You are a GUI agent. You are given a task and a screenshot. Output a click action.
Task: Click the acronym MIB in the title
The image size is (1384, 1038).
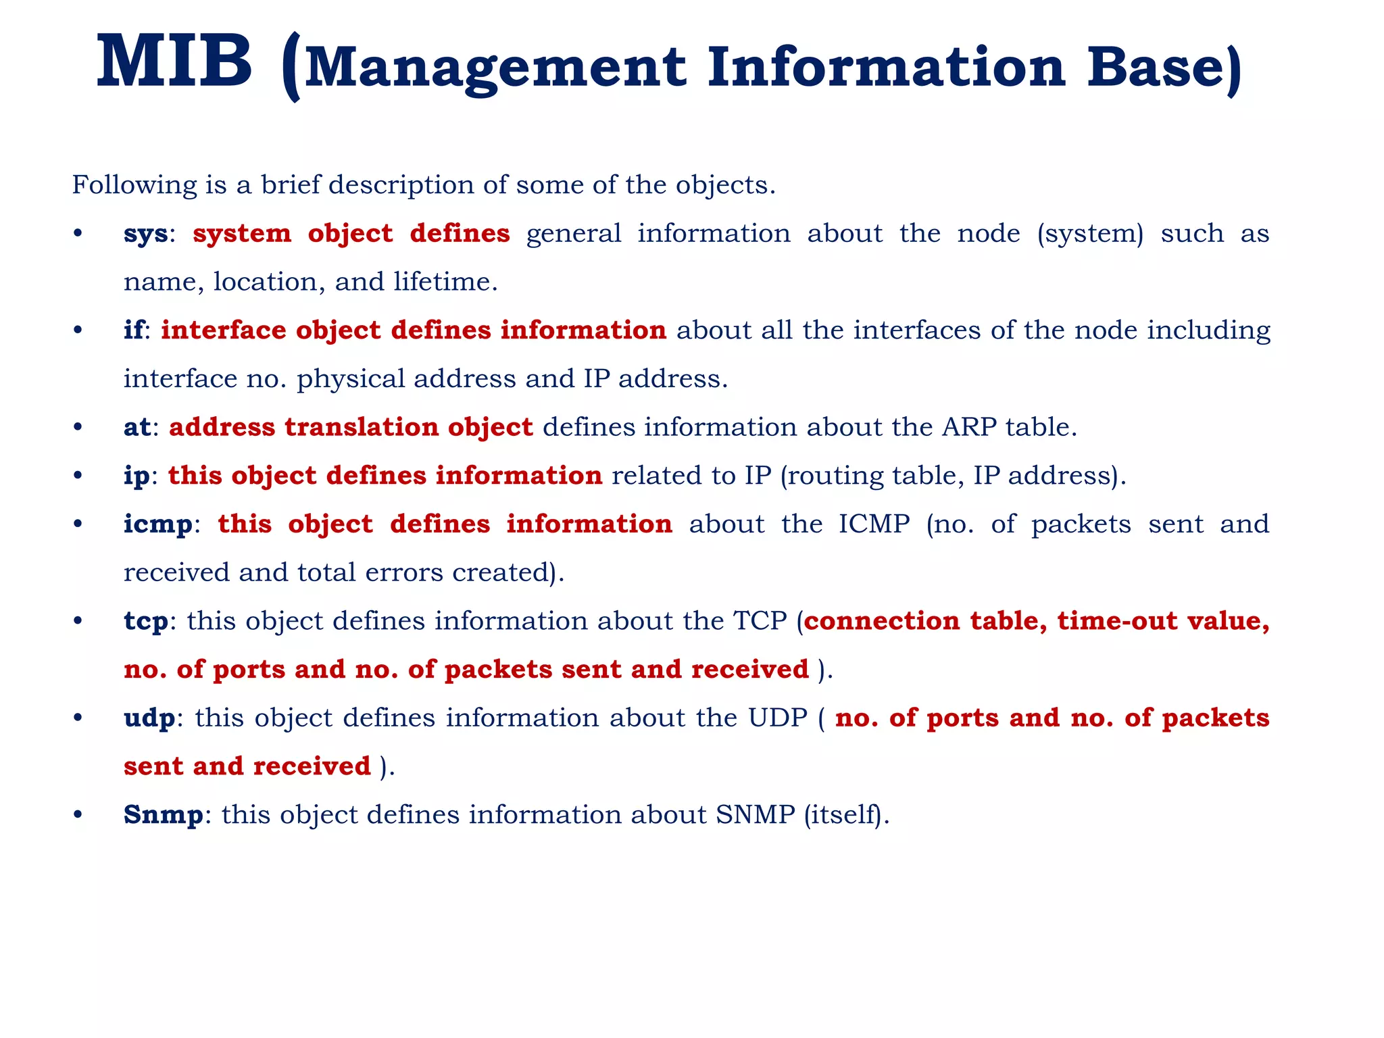pos(174,63)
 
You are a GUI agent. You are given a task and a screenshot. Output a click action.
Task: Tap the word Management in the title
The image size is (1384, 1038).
pos(495,69)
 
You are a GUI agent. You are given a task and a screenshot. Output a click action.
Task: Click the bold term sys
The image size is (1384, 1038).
pos(145,234)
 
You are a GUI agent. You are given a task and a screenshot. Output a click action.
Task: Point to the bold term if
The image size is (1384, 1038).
pos(133,330)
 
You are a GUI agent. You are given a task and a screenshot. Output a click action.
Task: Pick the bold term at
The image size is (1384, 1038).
pos(137,427)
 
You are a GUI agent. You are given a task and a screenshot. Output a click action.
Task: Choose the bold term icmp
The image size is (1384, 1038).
pos(157,525)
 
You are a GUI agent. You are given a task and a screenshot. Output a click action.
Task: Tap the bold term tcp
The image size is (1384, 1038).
pos(145,622)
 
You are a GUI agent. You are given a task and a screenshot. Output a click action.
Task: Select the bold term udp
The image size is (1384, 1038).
pos(149,718)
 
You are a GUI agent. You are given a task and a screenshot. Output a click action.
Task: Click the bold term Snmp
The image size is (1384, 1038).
pos(163,815)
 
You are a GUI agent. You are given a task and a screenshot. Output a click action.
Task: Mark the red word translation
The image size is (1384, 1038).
pos(362,427)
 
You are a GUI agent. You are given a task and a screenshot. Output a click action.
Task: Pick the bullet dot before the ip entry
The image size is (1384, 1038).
pos(78,476)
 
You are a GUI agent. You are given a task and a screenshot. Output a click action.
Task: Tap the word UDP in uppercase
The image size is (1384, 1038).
pos(777,718)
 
